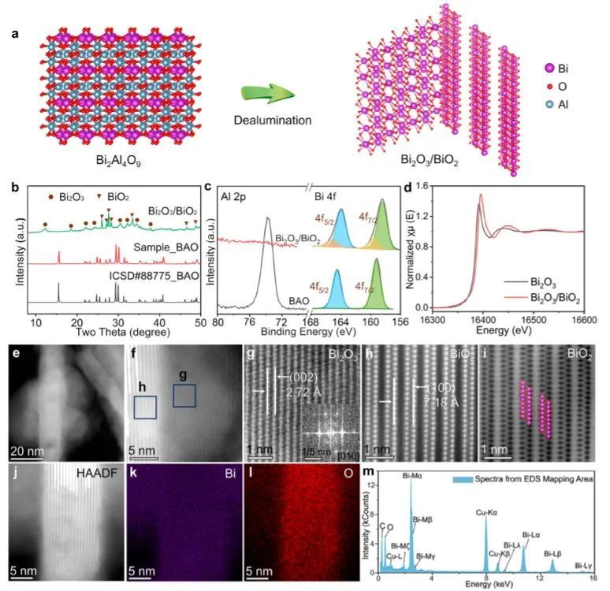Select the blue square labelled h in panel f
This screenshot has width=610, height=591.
click(145, 407)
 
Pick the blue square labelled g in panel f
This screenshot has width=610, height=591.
click(184, 395)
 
